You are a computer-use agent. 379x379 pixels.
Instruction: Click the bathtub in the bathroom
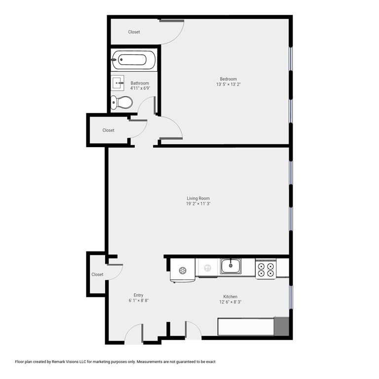134,60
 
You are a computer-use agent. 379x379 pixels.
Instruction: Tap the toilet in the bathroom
121,102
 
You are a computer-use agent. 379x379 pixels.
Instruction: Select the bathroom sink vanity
117,83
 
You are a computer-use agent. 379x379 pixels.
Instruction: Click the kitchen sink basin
230,266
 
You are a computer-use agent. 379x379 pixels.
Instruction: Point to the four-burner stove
266,269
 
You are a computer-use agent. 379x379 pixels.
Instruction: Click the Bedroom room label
228,79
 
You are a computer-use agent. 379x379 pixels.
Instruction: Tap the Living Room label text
198,198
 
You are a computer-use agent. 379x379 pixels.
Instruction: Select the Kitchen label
230,296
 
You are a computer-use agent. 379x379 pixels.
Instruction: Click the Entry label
139,295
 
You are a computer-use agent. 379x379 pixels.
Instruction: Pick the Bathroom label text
140,83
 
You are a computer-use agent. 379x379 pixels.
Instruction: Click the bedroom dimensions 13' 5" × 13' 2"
228,84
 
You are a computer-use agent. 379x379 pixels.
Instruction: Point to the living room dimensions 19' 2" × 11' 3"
198,204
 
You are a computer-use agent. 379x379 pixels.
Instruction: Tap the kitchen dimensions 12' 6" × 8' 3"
230,302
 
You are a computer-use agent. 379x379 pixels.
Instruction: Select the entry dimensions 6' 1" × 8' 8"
139,301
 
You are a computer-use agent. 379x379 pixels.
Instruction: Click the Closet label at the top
134,32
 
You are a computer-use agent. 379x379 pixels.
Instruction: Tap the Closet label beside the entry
97,274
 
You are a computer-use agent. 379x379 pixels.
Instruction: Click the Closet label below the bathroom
108,130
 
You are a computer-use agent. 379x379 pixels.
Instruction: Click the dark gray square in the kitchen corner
281,326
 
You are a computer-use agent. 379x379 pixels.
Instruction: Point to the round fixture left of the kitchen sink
183,270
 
